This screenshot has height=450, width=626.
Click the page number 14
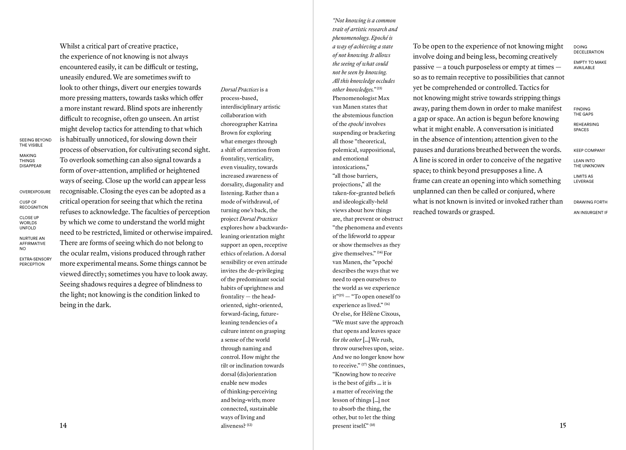(63, 425)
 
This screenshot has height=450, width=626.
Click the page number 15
(562, 425)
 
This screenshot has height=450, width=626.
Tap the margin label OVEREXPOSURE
(35, 192)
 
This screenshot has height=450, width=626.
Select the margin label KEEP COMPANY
(589, 150)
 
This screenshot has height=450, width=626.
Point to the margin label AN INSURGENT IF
(590, 213)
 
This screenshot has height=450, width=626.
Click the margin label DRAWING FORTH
(590, 202)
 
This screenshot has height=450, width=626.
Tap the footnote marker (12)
(250, 425)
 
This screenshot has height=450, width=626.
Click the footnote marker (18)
(372, 425)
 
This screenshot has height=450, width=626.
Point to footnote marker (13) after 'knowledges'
(380, 89)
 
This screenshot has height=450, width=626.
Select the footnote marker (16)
(387, 304)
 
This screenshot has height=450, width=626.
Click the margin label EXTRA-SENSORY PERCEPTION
(35, 262)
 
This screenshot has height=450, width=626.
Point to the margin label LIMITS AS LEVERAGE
(583, 179)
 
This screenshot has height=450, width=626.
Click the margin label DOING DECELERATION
(588, 49)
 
